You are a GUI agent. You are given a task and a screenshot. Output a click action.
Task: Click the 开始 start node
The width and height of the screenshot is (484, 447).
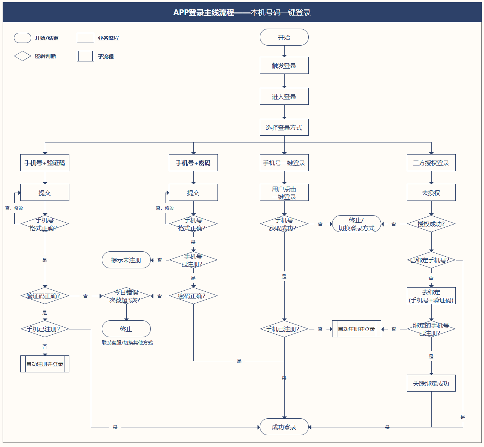(x=284, y=37)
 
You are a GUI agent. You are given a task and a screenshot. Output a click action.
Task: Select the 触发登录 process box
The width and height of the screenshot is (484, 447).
(x=284, y=65)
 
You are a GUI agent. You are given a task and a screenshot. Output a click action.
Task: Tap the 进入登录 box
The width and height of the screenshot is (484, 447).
(x=284, y=96)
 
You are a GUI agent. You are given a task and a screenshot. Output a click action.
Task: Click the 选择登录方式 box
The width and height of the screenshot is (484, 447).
(x=284, y=127)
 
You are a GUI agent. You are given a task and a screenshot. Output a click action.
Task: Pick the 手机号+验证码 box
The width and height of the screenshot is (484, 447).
(x=45, y=162)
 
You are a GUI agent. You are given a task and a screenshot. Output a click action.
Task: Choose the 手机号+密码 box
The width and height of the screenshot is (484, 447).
(x=193, y=162)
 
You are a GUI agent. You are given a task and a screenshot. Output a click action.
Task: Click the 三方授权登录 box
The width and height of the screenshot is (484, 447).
(x=431, y=162)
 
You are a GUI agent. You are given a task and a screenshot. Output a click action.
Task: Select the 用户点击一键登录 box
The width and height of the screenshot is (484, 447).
(x=284, y=192)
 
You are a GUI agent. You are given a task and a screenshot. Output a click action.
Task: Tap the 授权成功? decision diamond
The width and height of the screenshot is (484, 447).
(x=431, y=224)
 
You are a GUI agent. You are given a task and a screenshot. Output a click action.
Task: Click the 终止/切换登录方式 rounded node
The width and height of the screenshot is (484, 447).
(x=356, y=224)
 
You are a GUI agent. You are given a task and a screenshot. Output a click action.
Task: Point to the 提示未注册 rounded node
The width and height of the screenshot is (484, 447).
(x=126, y=260)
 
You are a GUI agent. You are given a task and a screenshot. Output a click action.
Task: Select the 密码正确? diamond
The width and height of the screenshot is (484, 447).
(x=193, y=295)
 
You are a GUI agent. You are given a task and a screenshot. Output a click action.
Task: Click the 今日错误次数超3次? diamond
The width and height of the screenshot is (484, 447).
(x=126, y=295)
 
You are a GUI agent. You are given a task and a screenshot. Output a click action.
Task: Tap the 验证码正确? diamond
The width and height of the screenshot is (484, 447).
(x=45, y=295)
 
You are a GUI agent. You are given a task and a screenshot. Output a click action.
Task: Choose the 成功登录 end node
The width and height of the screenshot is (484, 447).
(x=284, y=427)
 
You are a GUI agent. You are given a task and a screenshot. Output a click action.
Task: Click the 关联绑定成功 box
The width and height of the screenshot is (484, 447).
(x=431, y=383)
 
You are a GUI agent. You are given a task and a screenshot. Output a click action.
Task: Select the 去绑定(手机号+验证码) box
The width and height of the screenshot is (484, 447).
(x=431, y=295)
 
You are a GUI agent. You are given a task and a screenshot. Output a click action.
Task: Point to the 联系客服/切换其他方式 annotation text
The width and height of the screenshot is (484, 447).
(x=127, y=343)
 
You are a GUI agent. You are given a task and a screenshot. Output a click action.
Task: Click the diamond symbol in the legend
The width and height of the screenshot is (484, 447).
(x=22, y=56)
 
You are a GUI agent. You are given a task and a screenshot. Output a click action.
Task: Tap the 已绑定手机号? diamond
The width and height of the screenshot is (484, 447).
(x=431, y=260)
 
